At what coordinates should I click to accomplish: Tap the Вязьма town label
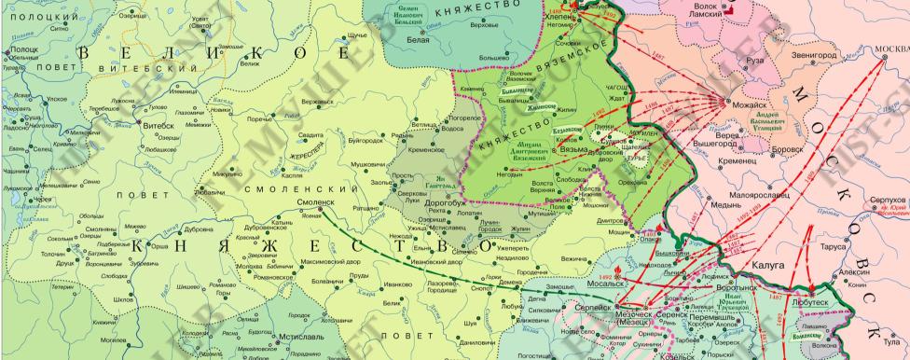point(573,149)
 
